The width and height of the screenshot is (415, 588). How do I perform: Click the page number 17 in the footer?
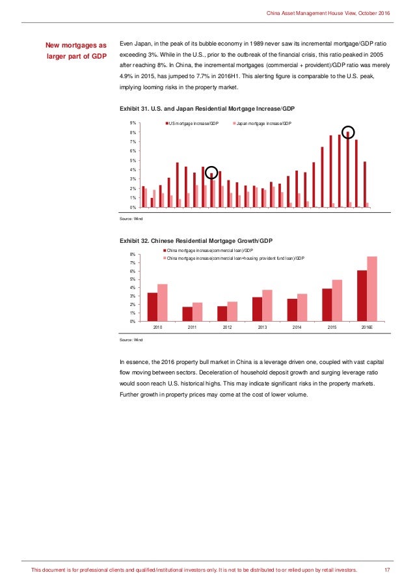click(386, 571)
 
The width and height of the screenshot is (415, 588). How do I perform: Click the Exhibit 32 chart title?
click(192, 240)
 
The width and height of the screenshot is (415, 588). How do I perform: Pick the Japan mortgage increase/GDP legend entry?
click(263, 123)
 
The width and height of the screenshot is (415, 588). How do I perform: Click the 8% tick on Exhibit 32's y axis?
click(133, 254)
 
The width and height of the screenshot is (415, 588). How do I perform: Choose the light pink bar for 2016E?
click(372, 288)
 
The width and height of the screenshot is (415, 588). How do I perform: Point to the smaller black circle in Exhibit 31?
click(211, 173)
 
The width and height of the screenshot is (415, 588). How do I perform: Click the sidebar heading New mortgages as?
click(75, 46)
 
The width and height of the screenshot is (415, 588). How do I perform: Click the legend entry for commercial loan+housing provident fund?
click(235, 259)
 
